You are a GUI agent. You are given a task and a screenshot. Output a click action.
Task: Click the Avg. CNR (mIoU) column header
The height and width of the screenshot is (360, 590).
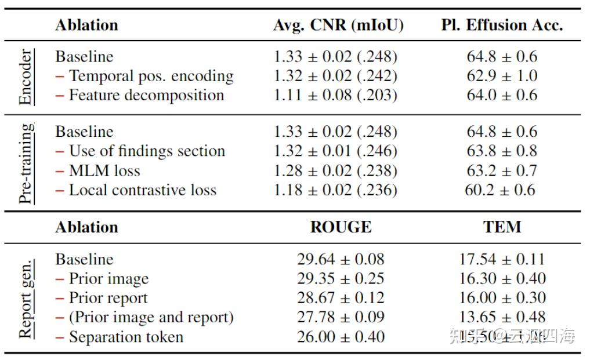click(x=338, y=25)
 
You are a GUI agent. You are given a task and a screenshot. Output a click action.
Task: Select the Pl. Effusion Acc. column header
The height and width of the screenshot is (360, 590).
click(x=502, y=25)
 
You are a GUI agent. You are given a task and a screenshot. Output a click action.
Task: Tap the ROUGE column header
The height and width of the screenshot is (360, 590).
click(x=341, y=227)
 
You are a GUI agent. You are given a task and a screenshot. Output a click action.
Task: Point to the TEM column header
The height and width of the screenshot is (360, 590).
click(x=502, y=227)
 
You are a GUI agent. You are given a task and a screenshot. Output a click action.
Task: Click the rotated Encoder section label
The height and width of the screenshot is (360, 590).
click(x=26, y=77)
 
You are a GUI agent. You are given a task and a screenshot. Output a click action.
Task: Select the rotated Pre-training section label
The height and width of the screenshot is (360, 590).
click(x=26, y=163)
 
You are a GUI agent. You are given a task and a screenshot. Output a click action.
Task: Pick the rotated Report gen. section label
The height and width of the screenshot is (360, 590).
click(x=26, y=298)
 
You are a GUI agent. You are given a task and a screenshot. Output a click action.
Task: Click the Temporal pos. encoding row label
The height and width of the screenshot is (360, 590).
click(x=144, y=76)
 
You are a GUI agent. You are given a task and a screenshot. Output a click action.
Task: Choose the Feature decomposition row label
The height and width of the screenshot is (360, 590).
click(x=140, y=95)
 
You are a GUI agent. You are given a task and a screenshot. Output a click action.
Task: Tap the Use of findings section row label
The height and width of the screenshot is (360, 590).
click(x=140, y=151)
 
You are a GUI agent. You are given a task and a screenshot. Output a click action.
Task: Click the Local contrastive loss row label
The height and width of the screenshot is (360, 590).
click(x=136, y=190)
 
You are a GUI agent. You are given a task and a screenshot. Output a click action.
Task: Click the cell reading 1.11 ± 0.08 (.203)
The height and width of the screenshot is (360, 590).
click(x=335, y=95)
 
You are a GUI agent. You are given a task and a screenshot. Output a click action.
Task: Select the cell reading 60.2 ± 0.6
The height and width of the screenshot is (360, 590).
click(x=500, y=190)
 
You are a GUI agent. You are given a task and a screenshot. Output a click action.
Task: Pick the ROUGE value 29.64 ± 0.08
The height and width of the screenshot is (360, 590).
click(x=341, y=259)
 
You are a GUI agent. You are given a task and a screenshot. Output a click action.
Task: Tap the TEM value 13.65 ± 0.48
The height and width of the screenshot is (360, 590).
click(x=502, y=317)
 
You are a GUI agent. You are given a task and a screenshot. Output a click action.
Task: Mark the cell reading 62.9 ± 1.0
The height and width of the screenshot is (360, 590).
click(x=502, y=76)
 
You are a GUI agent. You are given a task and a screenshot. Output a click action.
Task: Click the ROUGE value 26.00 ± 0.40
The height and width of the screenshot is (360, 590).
click(x=341, y=337)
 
